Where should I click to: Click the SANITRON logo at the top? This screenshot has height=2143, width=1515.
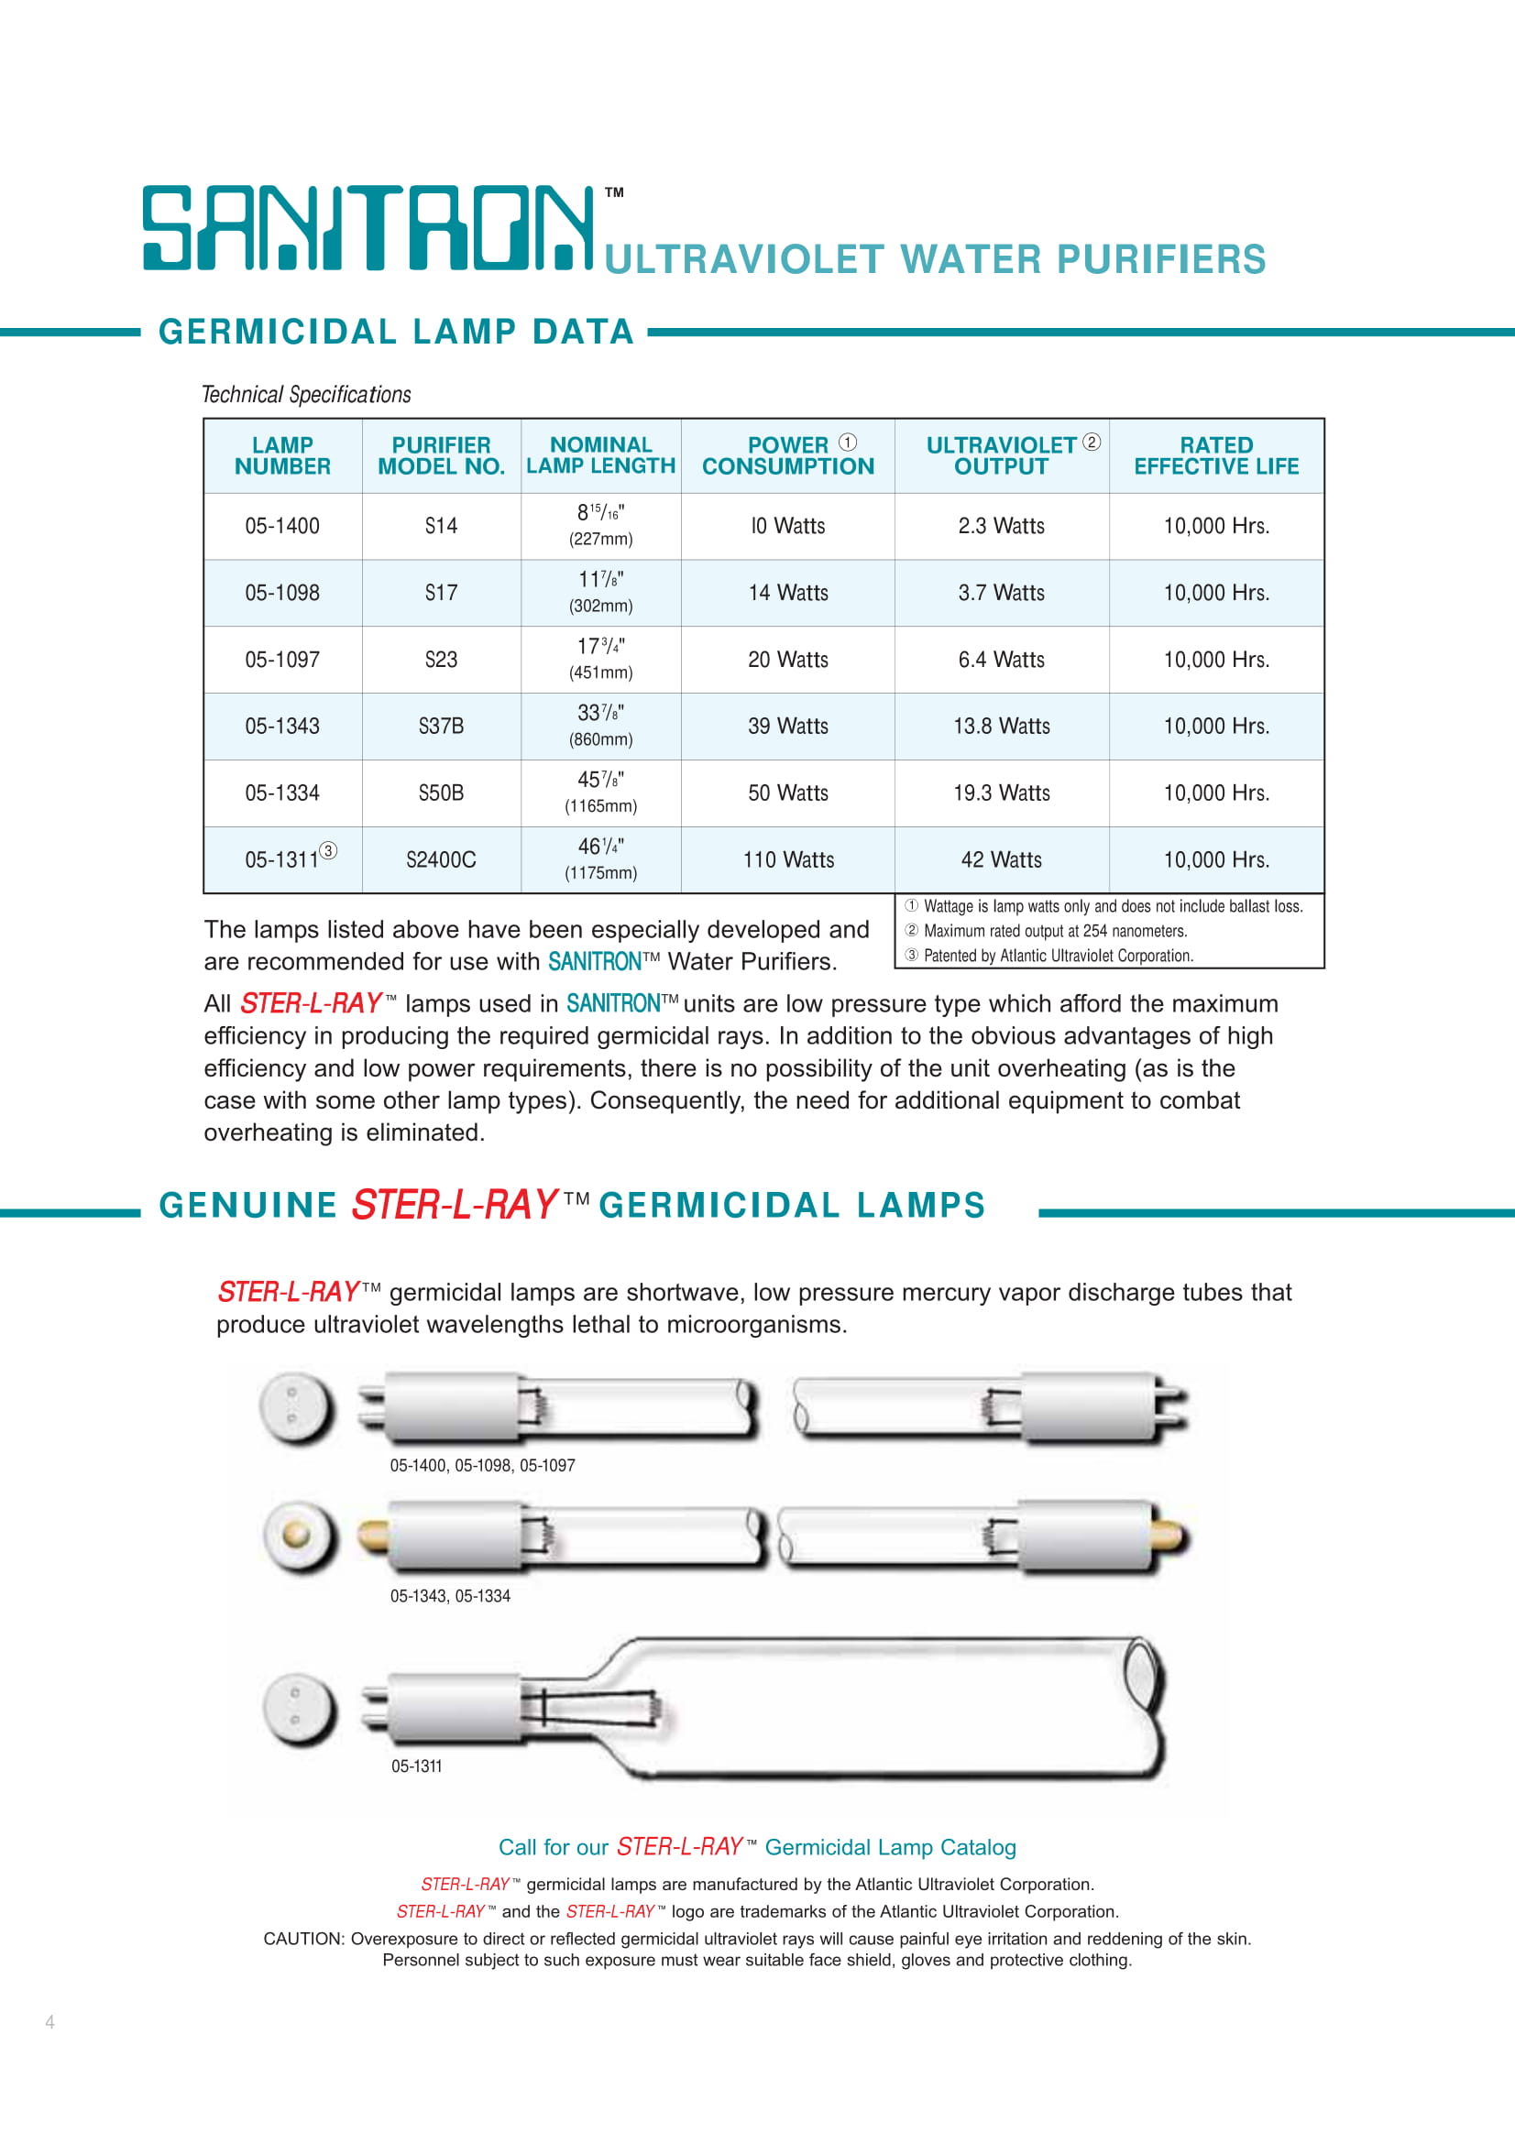click(x=368, y=228)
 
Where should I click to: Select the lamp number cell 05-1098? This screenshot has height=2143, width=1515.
click(x=282, y=593)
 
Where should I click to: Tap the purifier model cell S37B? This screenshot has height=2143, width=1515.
click(x=441, y=727)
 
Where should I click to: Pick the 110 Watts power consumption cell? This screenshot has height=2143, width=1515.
click(x=788, y=859)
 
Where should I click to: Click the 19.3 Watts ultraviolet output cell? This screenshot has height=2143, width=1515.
click(x=1001, y=793)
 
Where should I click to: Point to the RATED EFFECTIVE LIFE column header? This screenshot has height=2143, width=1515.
click(x=1215, y=455)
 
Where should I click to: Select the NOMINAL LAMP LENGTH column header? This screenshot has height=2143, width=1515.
click(x=600, y=455)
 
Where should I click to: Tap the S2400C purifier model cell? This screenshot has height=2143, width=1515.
click(x=441, y=859)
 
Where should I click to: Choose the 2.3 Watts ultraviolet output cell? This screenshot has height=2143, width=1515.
click(x=1001, y=527)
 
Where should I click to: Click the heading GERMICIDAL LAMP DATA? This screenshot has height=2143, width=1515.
click(x=396, y=332)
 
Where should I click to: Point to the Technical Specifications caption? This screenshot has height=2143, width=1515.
click(x=306, y=395)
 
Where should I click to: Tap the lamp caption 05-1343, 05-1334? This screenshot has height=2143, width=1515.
click(x=450, y=1596)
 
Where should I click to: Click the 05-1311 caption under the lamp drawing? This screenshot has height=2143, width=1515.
click(x=416, y=1766)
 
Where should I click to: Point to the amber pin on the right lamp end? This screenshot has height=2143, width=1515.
click(x=1170, y=1537)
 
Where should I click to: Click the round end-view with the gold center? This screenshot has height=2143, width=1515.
click(x=298, y=1536)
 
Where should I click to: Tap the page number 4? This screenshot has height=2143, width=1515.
click(x=49, y=2022)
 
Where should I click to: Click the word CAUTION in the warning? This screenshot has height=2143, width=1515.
click(x=302, y=1939)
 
